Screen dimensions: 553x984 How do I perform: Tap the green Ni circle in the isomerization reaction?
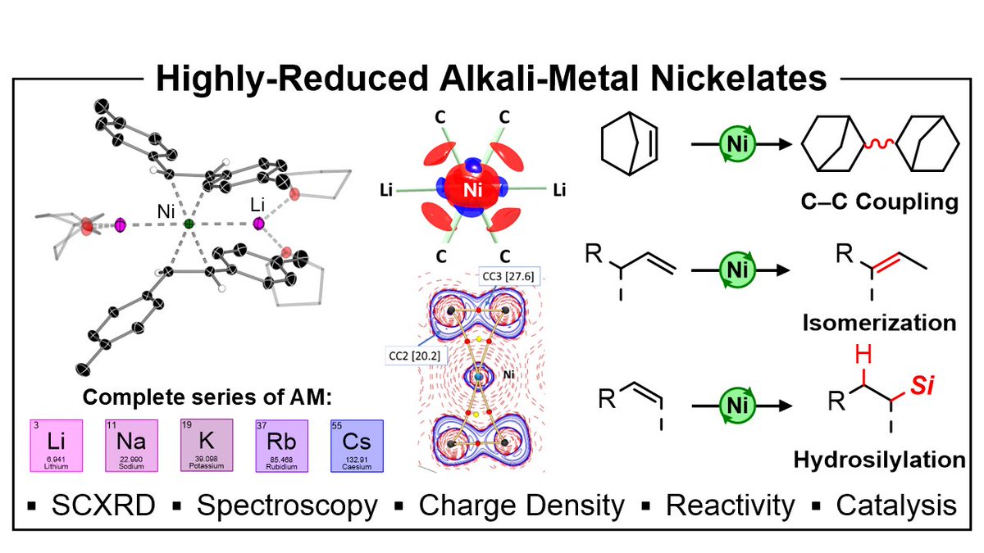733,269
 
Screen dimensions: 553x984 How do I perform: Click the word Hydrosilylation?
878,460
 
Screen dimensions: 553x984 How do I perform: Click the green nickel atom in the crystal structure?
189,223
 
